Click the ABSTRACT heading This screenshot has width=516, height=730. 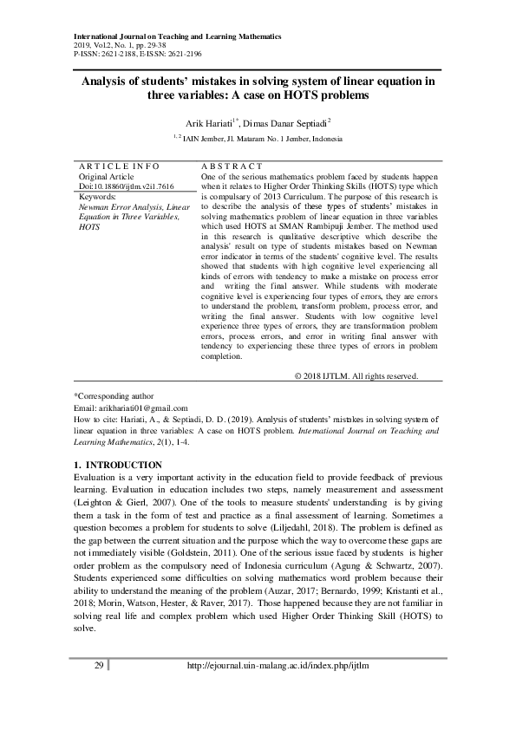click(x=231, y=165)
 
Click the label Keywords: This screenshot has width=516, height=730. click(x=97, y=197)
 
